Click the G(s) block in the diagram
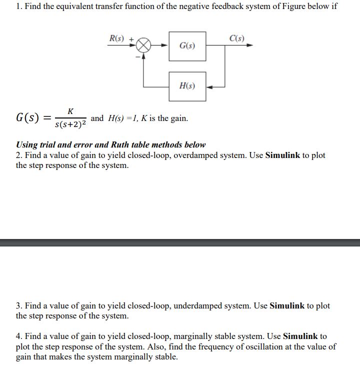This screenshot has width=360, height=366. tap(187, 46)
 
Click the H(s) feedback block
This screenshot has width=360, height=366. tap(187, 86)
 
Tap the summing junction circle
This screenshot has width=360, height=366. tap(143, 45)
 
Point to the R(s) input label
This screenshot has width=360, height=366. tap(118, 37)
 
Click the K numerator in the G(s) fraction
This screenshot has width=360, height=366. tap(70, 110)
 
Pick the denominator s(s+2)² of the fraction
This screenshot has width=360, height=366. tap(71, 123)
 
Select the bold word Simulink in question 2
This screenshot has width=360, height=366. tap(283, 155)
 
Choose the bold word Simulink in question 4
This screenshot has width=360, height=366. tap(301, 336)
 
